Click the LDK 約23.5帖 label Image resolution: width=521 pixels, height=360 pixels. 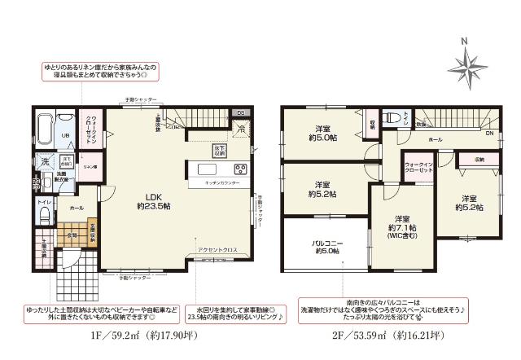158,202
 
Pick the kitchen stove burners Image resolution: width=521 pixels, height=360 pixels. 241,169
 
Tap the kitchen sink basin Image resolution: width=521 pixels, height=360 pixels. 203,169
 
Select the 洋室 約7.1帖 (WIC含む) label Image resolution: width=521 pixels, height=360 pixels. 401,224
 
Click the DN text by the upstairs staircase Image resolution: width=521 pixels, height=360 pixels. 490,133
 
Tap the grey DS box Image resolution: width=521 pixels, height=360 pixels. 241,112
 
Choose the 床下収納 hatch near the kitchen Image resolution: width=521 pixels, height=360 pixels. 220,151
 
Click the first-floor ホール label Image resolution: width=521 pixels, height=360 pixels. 76,208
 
